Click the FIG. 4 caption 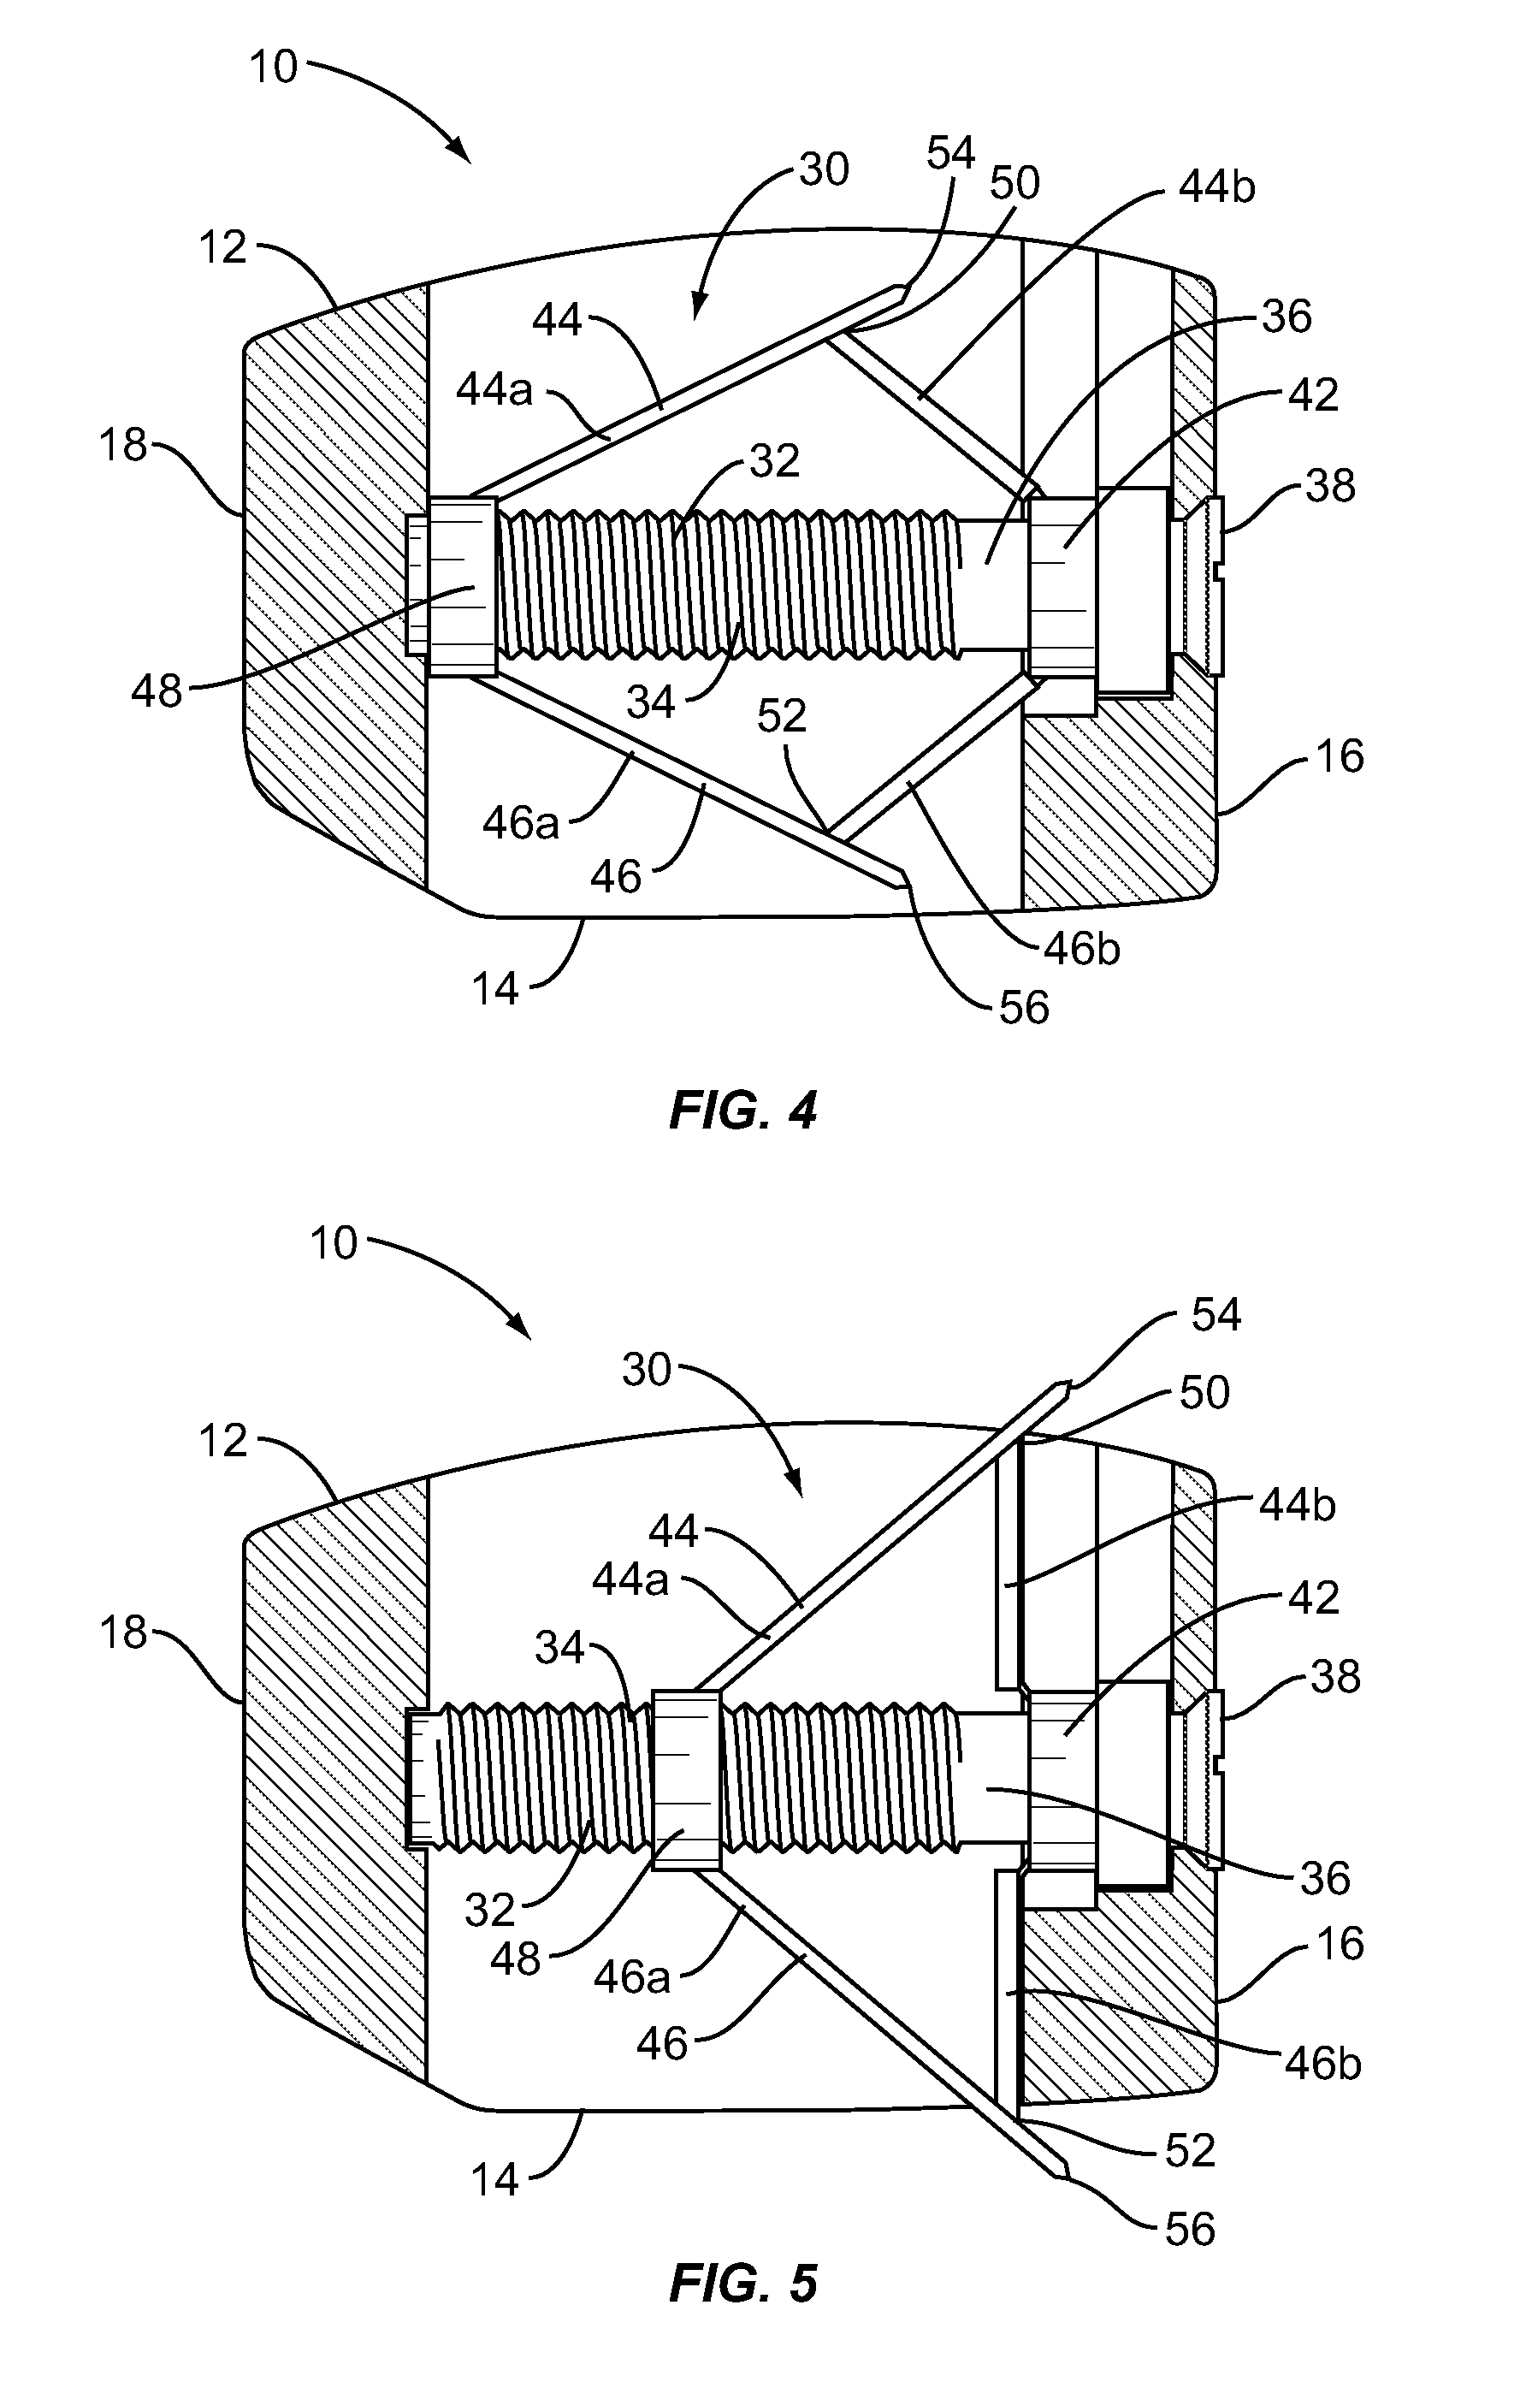click(x=743, y=1111)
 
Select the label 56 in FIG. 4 click(x=1024, y=1008)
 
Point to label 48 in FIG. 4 click(x=157, y=690)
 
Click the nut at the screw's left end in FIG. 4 click(x=459, y=588)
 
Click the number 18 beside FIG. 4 click(x=123, y=445)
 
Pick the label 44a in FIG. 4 click(x=494, y=390)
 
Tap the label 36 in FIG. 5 click(x=1325, y=1877)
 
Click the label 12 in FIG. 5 click(x=222, y=1440)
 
